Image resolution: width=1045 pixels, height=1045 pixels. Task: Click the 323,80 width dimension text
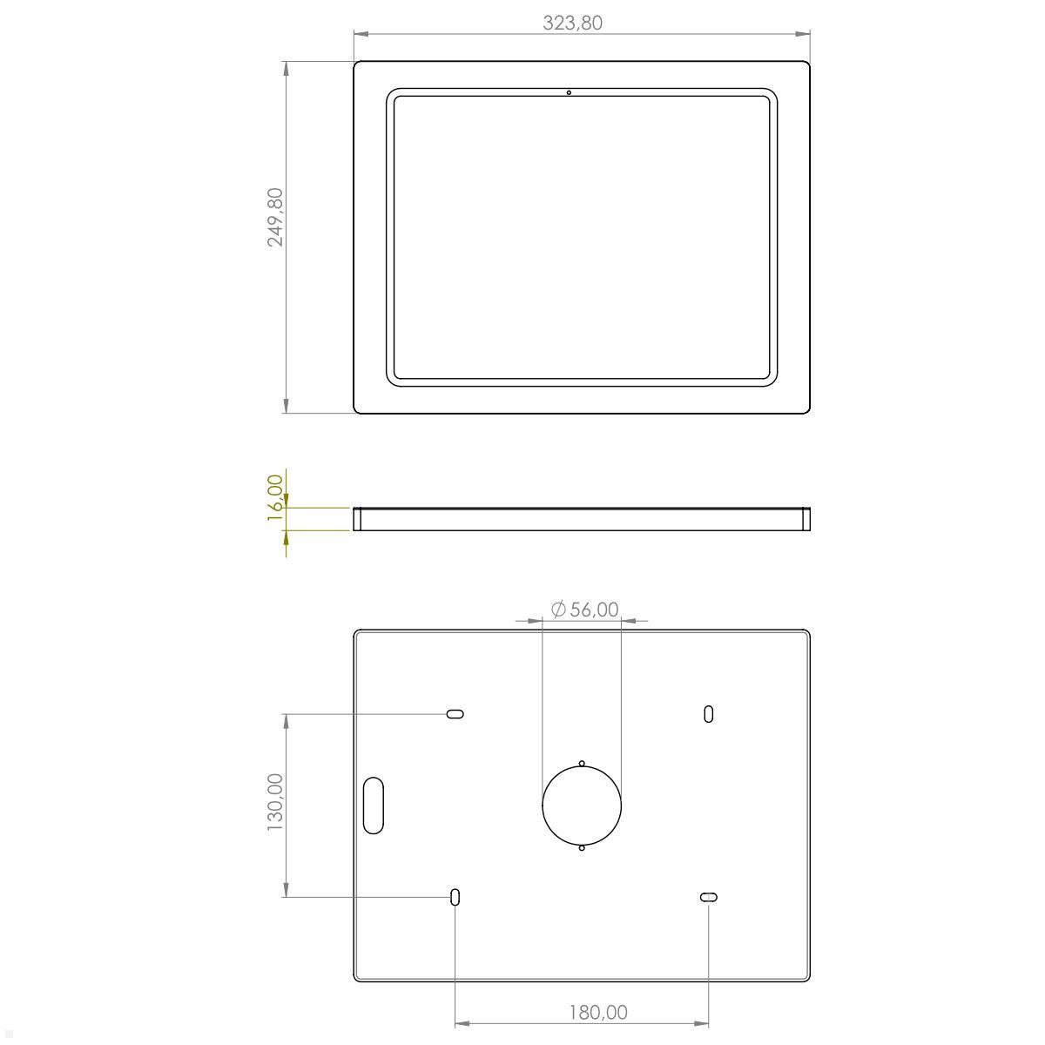[572, 23]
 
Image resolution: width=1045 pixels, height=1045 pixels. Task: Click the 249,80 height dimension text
[275, 218]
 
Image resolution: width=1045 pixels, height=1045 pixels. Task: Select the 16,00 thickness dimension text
[275, 497]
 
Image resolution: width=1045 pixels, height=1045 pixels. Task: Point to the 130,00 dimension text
[275, 802]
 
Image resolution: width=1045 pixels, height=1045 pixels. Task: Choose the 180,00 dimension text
[597, 1012]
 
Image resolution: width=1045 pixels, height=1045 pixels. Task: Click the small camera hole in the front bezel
[569, 92]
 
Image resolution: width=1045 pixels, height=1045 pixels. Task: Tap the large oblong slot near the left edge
[374, 805]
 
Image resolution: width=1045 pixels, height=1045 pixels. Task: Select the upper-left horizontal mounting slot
[455, 714]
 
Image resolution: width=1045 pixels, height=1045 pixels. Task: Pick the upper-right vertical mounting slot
[709, 714]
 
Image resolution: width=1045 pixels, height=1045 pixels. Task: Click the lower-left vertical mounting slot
[455, 897]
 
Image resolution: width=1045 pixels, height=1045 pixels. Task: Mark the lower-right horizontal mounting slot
[709, 897]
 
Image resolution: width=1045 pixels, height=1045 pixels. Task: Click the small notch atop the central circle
[582, 764]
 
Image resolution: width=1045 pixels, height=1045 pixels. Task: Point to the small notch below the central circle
[582, 847]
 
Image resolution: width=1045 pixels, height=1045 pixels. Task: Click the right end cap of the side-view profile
[806, 519]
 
